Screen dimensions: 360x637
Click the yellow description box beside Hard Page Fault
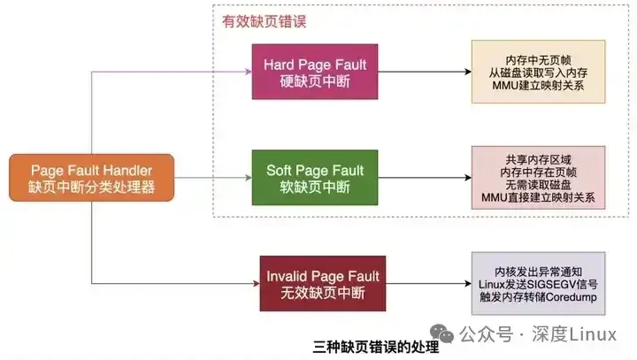pyautogui.click(x=538, y=73)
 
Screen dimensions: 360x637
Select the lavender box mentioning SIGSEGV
pyautogui.click(x=538, y=284)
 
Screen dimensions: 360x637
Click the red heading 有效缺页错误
pyautogui.click(x=262, y=20)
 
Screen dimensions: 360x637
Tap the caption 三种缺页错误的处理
pyautogui.click(x=376, y=347)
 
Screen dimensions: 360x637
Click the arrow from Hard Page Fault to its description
pyautogui.click(x=423, y=73)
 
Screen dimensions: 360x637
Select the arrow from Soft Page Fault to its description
pyautogui.click(x=423, y=177)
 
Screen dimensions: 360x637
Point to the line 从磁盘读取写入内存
pyautogui.click(x=538, y=73)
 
